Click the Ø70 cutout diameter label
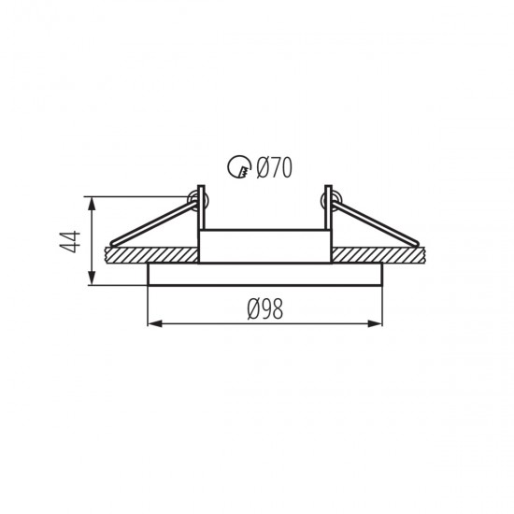coord(274,167)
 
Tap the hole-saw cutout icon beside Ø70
coord(239,166)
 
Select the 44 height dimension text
coord(71,242)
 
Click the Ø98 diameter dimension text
coord(264,309)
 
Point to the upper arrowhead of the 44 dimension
coord(93,203)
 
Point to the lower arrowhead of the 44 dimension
coord(93,278)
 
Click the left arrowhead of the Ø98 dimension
coord(155,324)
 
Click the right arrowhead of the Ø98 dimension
coord(375,324)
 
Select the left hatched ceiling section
coord(151,255)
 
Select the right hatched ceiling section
coord(378,255)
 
